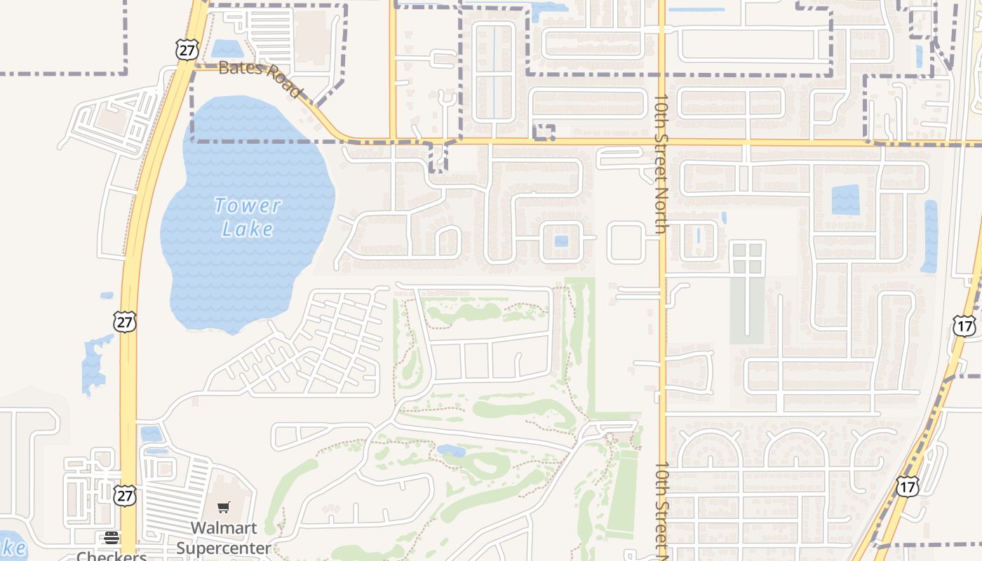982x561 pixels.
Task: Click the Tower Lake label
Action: (x=247, y=217)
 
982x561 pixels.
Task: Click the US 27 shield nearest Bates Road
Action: (x=187, y=49)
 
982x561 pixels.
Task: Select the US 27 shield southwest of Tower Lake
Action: (x=125, y=322)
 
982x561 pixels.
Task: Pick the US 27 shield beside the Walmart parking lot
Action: (x=125, y=495)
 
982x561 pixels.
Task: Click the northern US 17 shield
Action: (x=964, y=325)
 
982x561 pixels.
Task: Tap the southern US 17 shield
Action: (x=907, y=486)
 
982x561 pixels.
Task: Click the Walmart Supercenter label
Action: (x=223, y=537)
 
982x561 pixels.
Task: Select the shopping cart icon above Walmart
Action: (x=223, y=507)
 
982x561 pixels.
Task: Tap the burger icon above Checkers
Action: (x=112, y=538)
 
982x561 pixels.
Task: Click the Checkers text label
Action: (x=112, y=555)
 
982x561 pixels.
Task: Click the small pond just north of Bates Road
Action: (x=227, y=48)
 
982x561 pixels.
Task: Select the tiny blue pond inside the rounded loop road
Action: (x=561, y=241)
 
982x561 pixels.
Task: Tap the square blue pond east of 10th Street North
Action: (x=845, y=200)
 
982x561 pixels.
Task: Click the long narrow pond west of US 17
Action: (x=930, y=236)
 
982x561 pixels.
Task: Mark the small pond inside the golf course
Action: (x=451, y=450)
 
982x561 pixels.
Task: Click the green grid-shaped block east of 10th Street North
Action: (x=748, y=257)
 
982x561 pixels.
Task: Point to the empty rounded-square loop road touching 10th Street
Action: (x=626, y=242)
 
